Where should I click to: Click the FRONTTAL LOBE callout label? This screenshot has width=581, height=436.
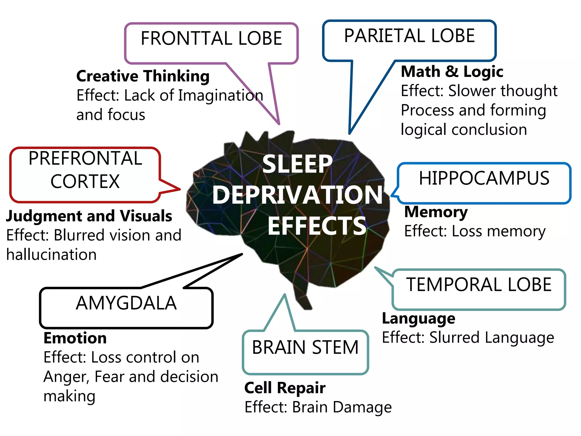211,39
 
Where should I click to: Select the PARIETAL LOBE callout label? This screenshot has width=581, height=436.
409,36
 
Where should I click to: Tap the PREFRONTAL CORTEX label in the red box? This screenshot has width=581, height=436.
85,170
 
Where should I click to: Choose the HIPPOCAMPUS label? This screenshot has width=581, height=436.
484,178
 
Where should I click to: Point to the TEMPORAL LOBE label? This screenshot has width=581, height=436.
479,284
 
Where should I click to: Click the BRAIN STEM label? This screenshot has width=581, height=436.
305,347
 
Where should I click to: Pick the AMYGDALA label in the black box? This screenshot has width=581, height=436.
126,303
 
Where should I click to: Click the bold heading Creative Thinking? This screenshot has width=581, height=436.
143,76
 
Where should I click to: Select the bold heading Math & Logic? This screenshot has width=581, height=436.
452,72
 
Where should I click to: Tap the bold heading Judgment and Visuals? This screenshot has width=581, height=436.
89,216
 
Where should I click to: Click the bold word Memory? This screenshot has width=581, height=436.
436,212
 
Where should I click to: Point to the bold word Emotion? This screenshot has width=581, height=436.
75,338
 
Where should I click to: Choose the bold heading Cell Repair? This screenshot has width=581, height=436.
285,388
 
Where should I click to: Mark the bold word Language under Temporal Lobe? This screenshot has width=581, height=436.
418,318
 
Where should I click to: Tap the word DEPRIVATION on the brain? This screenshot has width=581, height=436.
297,195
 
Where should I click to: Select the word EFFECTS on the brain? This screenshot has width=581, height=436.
317,226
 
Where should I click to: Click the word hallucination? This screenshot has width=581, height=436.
51,255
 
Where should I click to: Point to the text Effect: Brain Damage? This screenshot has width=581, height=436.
318,407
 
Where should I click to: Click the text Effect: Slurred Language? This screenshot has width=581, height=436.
468,338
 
